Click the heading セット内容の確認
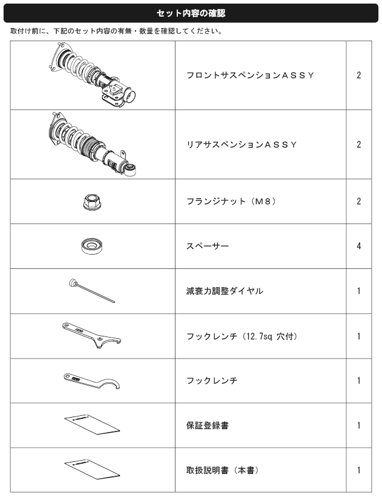click(x=191, y=13)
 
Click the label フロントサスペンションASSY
click(x=250, y=75)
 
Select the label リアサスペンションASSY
click(x=242, y=145)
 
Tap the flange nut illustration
click(x=92, y=202)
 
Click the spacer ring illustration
click(x=92, y=246)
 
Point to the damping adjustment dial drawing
click(x=92, y=290)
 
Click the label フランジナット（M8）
click(x=231, y=201)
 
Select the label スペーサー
click(x=208, y=246)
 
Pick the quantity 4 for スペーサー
click(x=359, y=246)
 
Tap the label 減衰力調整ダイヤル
click(x=224, y=290)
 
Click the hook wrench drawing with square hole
click(x=92, y=335)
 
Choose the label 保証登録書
click(x=207, y=425)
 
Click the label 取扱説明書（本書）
click(x=223, y=470)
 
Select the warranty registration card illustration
click(x=92, y=424)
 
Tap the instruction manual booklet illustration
click(x=92, y=470)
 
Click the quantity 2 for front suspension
click(x=359, y=75)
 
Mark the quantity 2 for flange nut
click(x=359, y=201)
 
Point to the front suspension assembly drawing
click(x=93, y=75)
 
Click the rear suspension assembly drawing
click(x=93, y=144)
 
